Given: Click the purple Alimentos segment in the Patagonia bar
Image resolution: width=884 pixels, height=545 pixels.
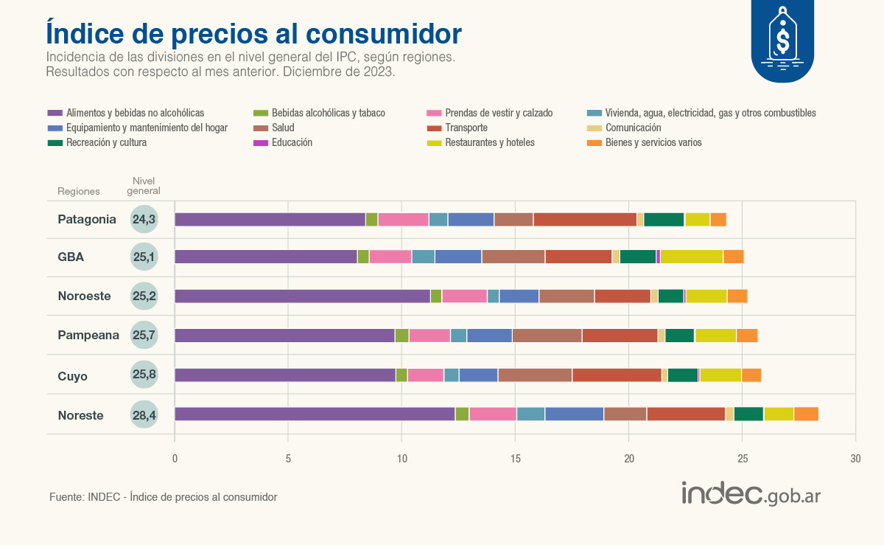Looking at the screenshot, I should (270, 219).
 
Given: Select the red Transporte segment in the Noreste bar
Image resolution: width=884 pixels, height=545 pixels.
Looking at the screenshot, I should (686, 414).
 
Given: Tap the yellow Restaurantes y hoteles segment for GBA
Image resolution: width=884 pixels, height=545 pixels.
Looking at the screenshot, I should (692, 257).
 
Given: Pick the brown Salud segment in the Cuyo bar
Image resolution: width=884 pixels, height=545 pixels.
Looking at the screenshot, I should (535, 375).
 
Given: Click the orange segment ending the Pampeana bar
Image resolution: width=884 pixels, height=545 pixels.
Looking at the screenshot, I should (747, 336).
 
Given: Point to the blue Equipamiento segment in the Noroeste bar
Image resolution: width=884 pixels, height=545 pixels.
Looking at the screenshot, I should (519, 296).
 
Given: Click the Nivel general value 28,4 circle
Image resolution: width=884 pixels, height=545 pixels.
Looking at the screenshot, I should (144, 415).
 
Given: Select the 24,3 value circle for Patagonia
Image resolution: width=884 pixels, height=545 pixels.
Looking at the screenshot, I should (144, 219).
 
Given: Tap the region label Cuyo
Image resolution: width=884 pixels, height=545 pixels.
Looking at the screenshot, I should (73, 376).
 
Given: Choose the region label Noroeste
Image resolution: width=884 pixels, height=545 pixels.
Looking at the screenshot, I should (85, 296).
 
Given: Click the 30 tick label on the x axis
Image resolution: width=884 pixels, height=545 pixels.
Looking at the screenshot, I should (855, 459).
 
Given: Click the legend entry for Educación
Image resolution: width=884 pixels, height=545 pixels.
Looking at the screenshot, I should (292, 142).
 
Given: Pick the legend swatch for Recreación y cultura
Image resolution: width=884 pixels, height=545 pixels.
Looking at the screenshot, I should (55, 142).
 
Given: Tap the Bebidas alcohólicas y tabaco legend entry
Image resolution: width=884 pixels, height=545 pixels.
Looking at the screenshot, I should (328, 113).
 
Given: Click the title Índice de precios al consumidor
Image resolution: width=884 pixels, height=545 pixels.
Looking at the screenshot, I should (254, 34).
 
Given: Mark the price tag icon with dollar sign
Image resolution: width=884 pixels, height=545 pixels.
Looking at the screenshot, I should (782, 37).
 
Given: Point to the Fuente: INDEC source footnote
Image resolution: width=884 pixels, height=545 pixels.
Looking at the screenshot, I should (163, 497).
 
